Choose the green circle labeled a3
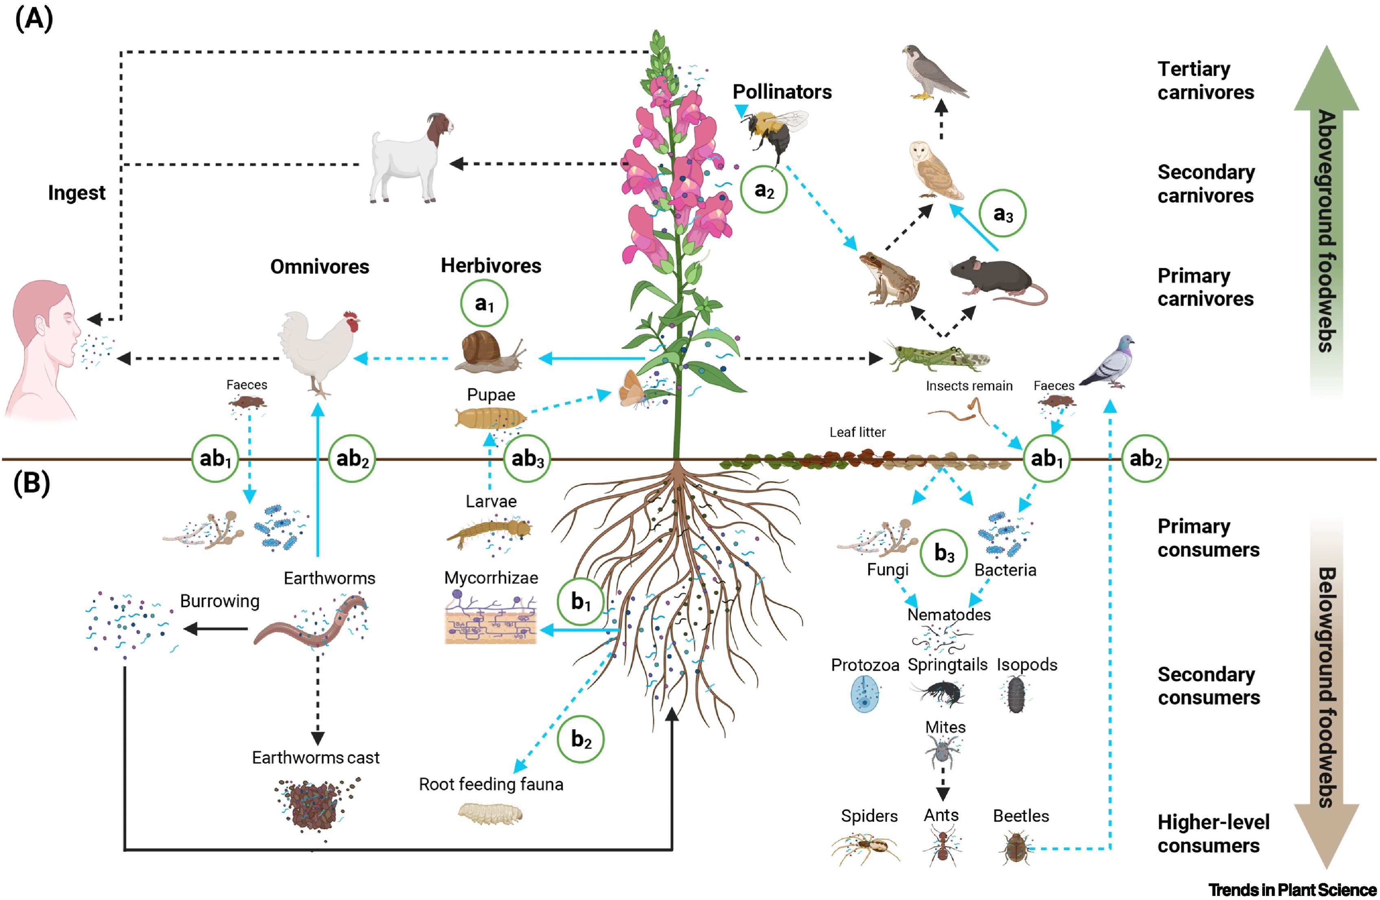[1003, 214]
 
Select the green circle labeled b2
[580, 739]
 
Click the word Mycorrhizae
[491, 578]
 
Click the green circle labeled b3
[943, 553]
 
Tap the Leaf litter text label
[857, 432]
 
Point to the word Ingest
[77, 193]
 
